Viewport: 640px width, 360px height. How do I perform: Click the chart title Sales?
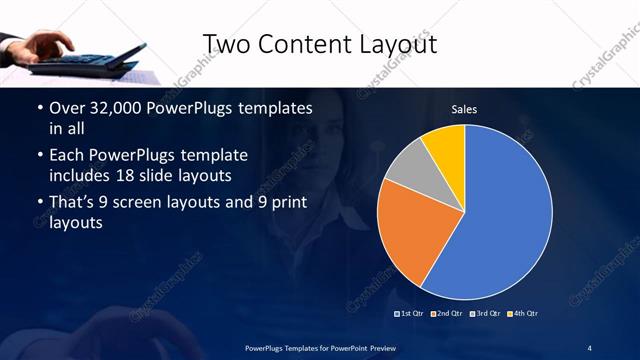464,108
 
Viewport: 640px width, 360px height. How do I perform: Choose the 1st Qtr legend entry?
411,314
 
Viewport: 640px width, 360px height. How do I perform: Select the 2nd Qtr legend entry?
447,314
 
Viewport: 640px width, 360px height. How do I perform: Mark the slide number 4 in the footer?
590,346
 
